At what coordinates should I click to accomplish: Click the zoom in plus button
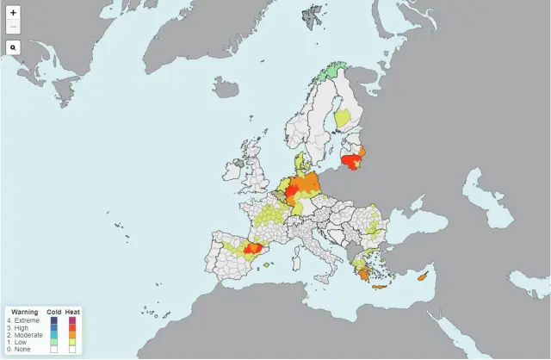[x=13, y=13]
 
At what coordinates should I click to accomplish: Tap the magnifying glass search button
[x=13, y=47]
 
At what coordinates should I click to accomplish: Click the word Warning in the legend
[x=23, y=311]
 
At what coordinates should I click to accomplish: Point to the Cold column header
[x=53, y=311]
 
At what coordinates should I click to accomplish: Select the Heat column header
[x=73, y=311]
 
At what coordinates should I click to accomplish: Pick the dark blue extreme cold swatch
[x=54, y=320]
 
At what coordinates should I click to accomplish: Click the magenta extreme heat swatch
[x=73, y=320]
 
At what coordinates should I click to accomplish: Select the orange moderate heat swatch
[x=73, y=335]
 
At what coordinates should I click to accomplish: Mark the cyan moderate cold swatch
[x=54, y=335]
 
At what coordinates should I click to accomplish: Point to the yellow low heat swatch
[x=73, y=342]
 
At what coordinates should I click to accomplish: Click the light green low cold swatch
[x=54, y=342]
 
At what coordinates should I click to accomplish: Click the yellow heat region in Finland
[x=343, y=118]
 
